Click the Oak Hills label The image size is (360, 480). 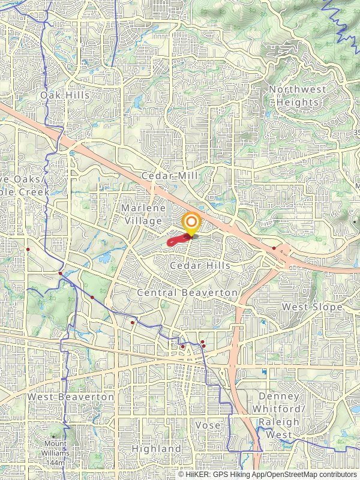[x=65, y=95]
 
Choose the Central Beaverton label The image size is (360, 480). [x=187, y=292]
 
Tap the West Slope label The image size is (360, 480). [x=312, y=307]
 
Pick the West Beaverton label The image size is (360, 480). [x=70, y=397]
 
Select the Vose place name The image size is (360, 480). [x=208, y=425]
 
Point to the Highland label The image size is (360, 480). [x=156, y=449]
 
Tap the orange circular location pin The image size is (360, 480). [x=191, y=223]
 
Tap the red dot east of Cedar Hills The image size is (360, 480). [x=274, y=248]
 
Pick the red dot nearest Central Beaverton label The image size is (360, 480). [x=133, y=322]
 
